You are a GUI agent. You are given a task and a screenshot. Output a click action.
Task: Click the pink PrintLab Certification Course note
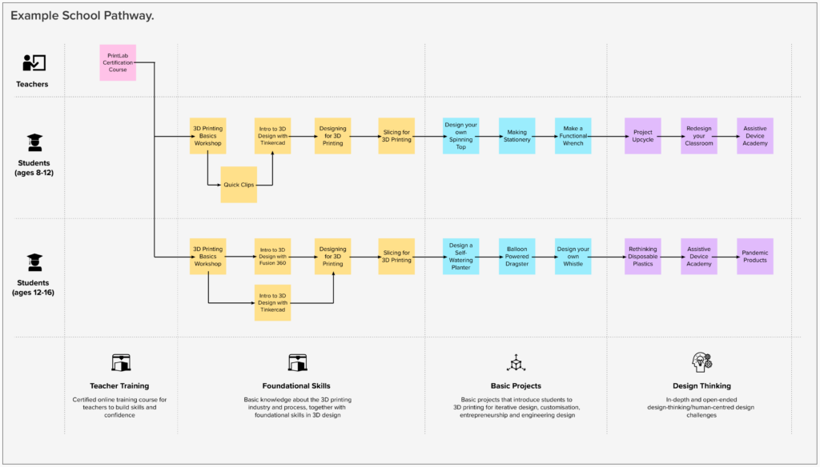point(118,62)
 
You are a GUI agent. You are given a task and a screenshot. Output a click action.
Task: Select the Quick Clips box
point(239,185)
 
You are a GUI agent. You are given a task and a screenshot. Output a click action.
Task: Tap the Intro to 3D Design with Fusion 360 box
point(272,257)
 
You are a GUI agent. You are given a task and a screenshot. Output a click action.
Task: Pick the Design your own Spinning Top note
point(461,136)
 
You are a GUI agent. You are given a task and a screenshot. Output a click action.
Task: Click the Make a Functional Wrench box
point(573,136)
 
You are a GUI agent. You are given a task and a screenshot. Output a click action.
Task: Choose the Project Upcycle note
point(643,136)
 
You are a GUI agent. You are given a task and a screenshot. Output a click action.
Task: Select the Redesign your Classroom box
point(699,136)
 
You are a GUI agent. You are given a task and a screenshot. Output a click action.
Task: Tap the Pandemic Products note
point(755,256)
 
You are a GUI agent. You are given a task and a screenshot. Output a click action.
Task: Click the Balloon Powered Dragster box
point(517,256)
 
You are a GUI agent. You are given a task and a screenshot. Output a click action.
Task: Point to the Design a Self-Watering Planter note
point(461,256)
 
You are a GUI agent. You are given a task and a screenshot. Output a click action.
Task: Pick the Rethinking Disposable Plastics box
point(643,256)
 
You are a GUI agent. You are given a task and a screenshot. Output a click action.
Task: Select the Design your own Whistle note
point(573,256)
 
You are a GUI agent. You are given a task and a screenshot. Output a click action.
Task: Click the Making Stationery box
point(517,136)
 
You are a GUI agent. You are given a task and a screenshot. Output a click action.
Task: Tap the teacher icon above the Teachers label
point(34,63)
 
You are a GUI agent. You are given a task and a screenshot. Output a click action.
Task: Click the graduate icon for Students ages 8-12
point(34,143)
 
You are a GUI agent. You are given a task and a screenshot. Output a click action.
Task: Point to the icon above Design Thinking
point(701,362)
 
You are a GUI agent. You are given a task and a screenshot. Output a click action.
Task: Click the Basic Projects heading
point(517,385)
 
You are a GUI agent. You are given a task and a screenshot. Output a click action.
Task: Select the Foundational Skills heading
point(296,385)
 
